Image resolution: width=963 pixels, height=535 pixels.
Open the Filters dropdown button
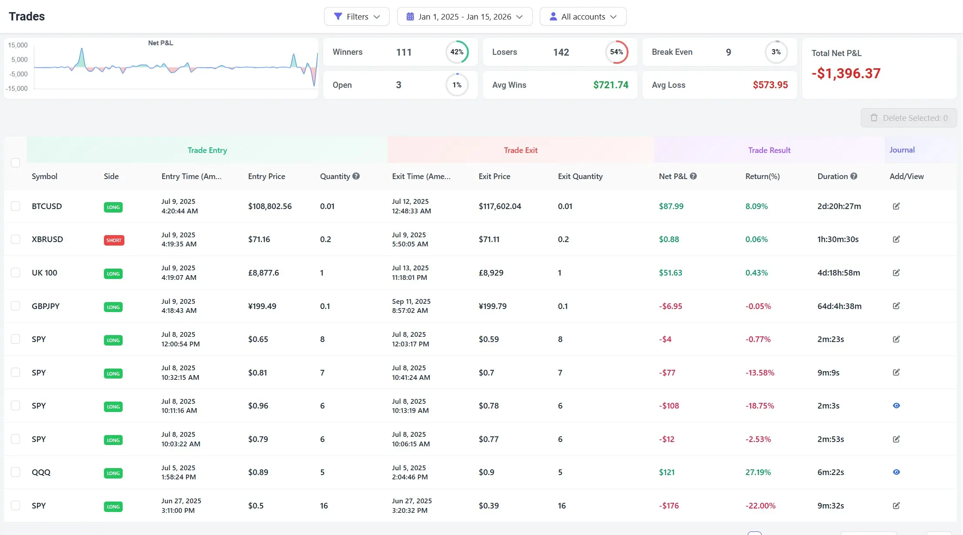click(356, 17)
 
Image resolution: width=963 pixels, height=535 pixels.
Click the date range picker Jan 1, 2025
click(464, 17)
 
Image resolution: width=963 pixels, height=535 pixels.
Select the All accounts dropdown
click(582, 17)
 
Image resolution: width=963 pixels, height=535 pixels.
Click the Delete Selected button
click(908, 118)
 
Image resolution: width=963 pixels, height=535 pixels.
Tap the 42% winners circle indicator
click(457, 52)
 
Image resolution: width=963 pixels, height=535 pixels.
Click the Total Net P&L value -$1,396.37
click(846, 73)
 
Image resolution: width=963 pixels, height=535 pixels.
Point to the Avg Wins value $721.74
click(610, 85)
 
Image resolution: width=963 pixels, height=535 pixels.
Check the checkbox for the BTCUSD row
click(16, 206)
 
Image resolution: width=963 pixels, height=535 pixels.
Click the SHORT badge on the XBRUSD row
click(114, 240)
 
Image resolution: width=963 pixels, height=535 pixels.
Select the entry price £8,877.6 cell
click(263, 273)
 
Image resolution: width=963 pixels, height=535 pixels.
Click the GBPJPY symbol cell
click(45, 306)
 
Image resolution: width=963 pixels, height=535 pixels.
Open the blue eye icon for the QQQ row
click(896, 472)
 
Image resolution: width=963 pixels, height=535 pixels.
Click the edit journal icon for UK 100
click(896, 273)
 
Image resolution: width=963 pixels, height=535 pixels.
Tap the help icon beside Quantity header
click(356, 176)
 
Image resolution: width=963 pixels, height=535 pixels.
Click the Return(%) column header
click(762, 176)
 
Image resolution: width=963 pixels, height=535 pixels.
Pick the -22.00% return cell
click(760, 506)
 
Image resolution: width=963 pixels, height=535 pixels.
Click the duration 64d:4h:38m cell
click(839, 306)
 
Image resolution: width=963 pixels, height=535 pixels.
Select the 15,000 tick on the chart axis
click(18, 45)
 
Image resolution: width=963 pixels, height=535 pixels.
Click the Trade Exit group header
click(520, 150)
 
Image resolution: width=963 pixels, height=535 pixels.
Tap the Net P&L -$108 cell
click(669, 406)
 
